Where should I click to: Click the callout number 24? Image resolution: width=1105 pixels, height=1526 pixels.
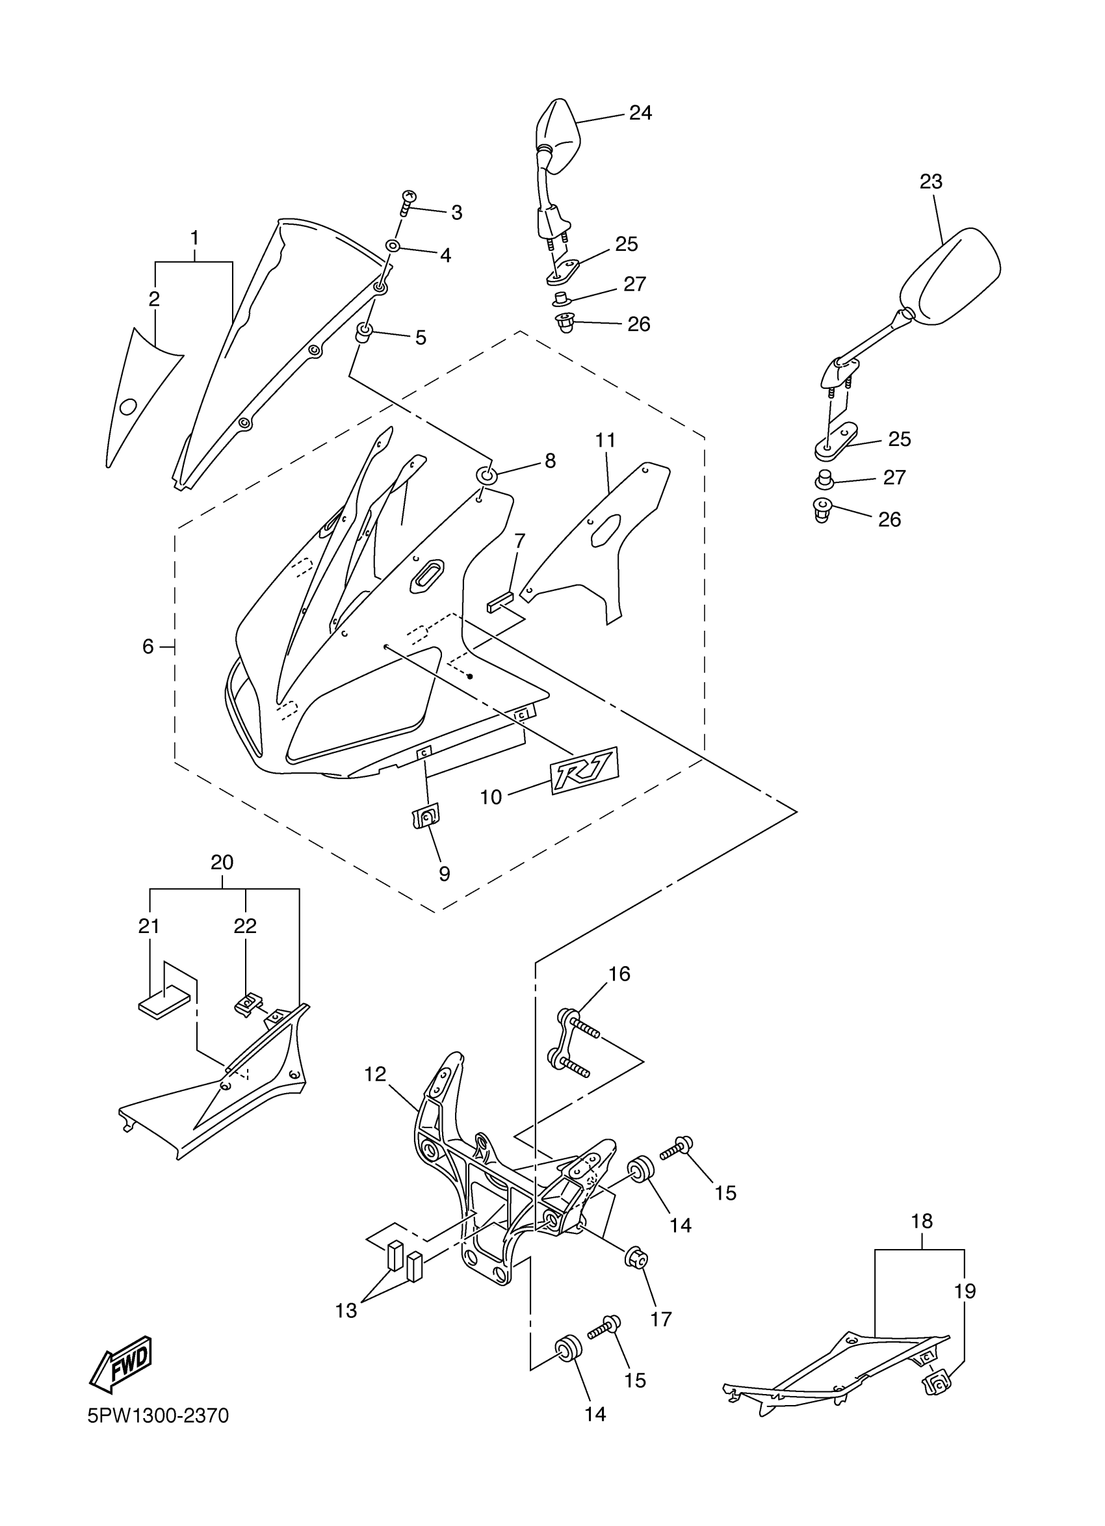pos(640,112)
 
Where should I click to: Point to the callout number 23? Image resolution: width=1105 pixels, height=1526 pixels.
pos(931,181)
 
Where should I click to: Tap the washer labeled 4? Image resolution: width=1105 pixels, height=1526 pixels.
pos(393,246)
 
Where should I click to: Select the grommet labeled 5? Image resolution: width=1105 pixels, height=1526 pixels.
pos(365,332)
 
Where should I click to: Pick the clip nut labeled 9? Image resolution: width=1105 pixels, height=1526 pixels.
pos(425,817)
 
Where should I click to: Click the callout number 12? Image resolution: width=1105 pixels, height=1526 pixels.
pos(375,1074)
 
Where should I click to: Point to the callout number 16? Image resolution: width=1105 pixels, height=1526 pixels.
pos(619,973)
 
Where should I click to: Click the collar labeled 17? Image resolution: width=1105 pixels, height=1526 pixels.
pos(635,1256)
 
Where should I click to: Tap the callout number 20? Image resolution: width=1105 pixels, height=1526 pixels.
pos(222,863)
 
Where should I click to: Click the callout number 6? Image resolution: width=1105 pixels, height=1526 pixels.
pos(148,646)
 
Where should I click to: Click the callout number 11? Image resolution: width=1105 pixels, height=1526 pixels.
pos(605,441)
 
